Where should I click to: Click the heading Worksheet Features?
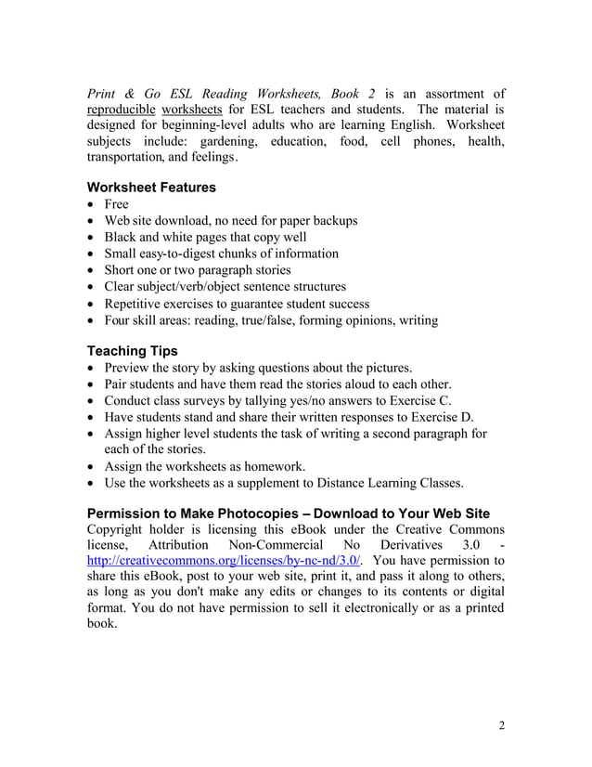[x=150, y=188]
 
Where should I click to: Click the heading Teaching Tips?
[x=132, y=351]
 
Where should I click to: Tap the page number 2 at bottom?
[x=502, y=726]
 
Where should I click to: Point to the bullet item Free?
[x=116, y=204]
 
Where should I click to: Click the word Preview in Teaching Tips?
[x=130, y=368]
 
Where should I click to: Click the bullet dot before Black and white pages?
[x=91, y=238]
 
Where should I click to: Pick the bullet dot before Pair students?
[x=91, y=385]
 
